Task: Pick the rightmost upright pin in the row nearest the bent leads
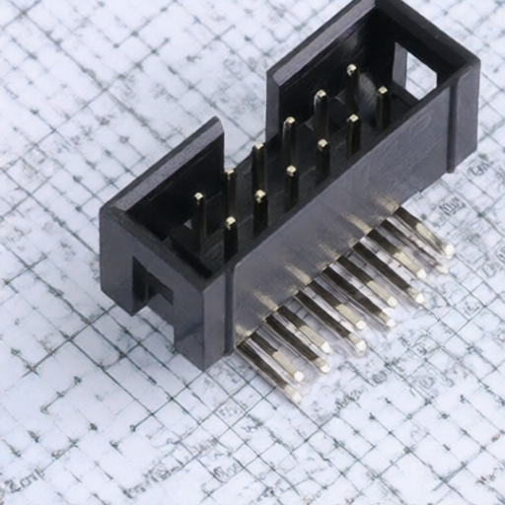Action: coord(382,104)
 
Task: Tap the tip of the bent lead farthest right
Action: coord(448,250)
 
